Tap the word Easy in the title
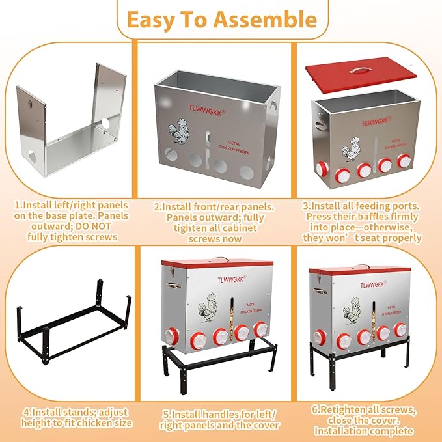(x=154, y=20)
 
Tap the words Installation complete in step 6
(x=369, y=430)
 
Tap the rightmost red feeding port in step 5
(x=261, y=329)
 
